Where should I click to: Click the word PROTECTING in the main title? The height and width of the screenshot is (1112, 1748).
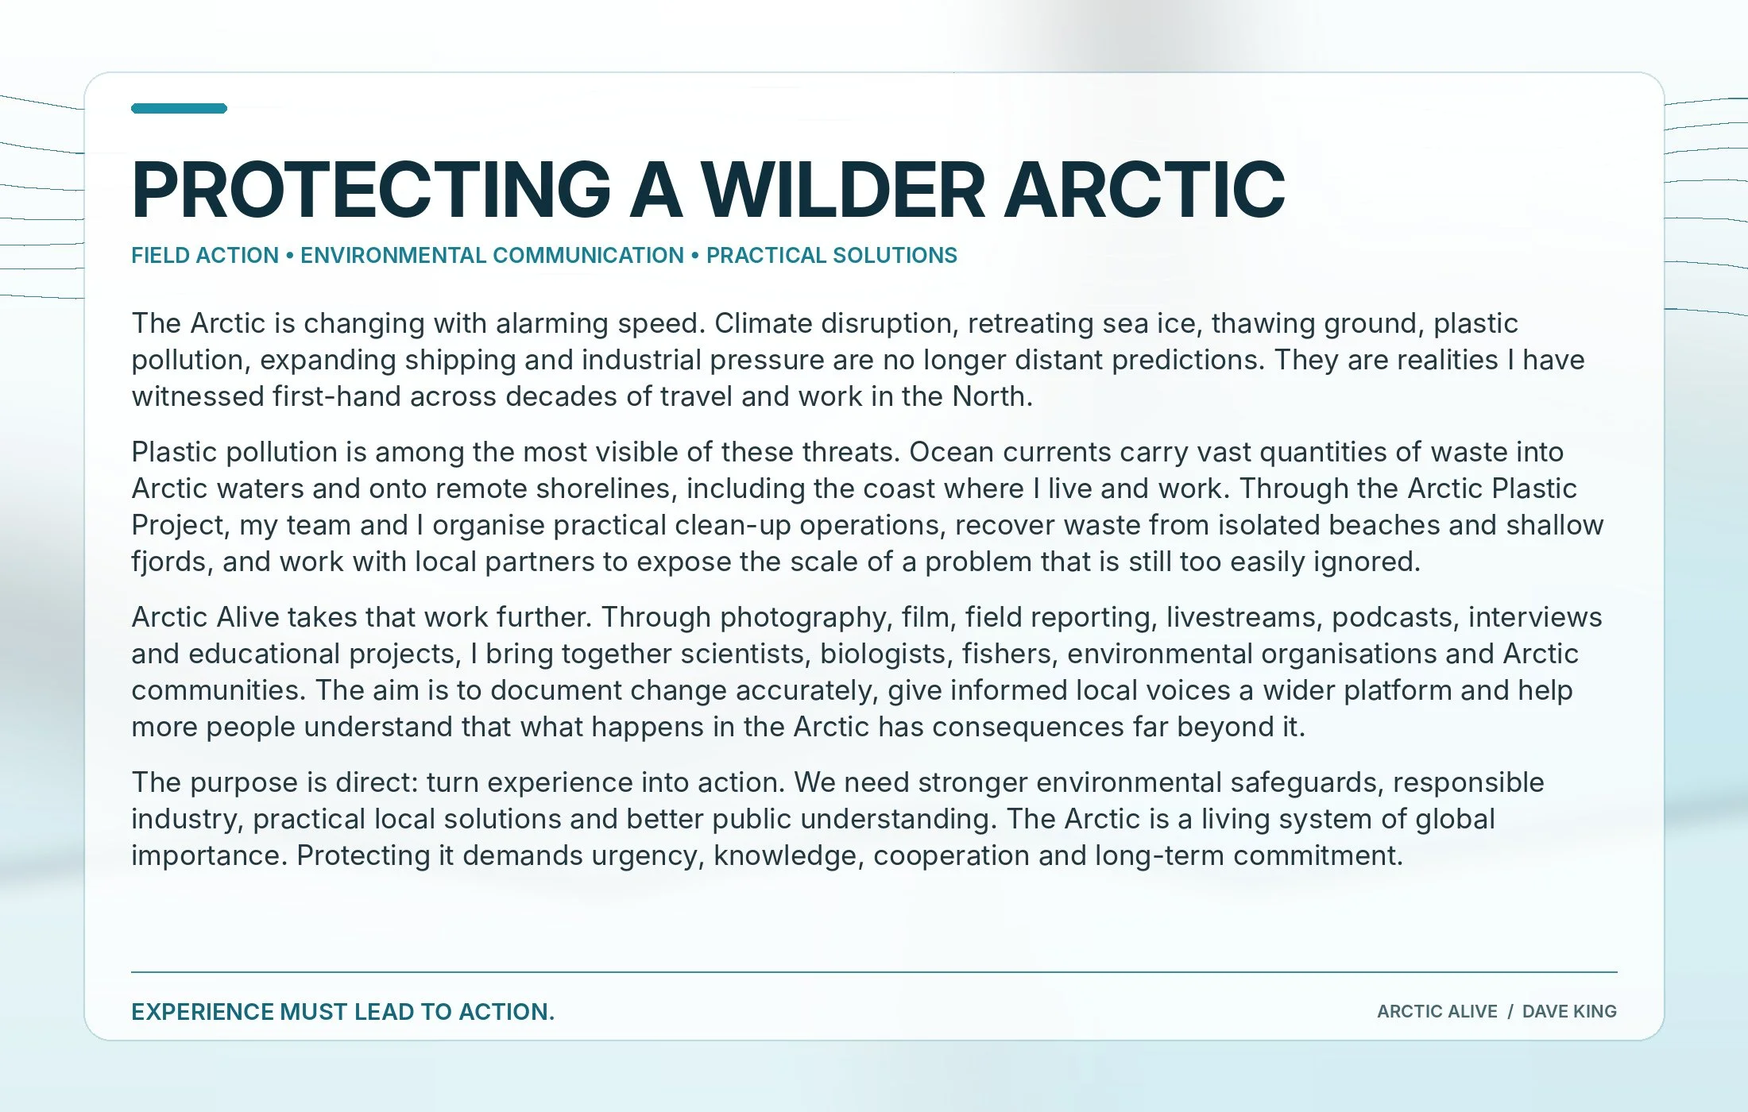tap(371, 190)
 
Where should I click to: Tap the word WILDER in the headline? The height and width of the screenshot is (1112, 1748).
tap(843, 190)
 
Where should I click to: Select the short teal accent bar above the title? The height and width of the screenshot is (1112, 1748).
tap(180, 109)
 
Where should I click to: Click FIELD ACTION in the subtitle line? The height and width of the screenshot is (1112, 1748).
tap(205, 256)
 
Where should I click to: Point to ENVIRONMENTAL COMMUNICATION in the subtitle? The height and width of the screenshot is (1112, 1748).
tap(492, 256)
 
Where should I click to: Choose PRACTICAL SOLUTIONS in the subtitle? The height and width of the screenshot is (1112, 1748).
tap(832, 256)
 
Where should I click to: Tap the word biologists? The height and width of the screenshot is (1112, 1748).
tap(882, 654)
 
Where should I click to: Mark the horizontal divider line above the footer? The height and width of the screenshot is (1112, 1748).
tap(874, 971)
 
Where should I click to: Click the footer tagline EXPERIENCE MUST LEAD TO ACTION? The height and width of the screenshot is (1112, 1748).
tap(342, 1012)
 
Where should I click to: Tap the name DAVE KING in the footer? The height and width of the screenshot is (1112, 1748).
tap(1569, 1012)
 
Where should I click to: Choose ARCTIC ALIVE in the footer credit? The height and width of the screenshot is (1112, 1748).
tap(1437, 1012)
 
